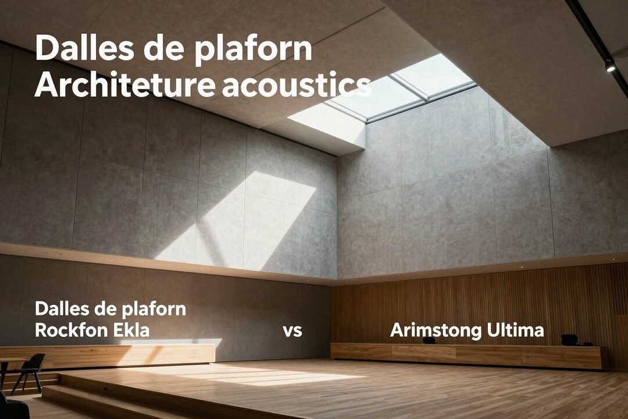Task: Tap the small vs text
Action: coord(292,331)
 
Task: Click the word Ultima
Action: coord(514,331)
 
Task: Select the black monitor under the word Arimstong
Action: coord(429,340)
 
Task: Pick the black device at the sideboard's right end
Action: coord(569,339)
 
